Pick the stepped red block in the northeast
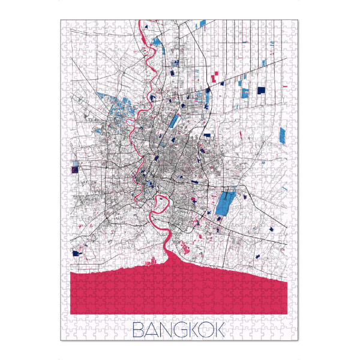(x=215, y=75)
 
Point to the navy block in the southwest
(x=76, y=253)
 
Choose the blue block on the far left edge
(x=74, y=166)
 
